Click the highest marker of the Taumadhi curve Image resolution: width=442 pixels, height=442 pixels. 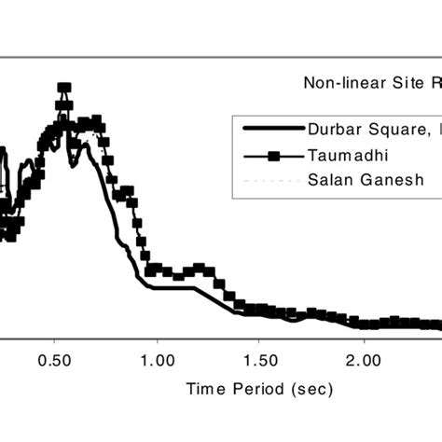tap(63, 89)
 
